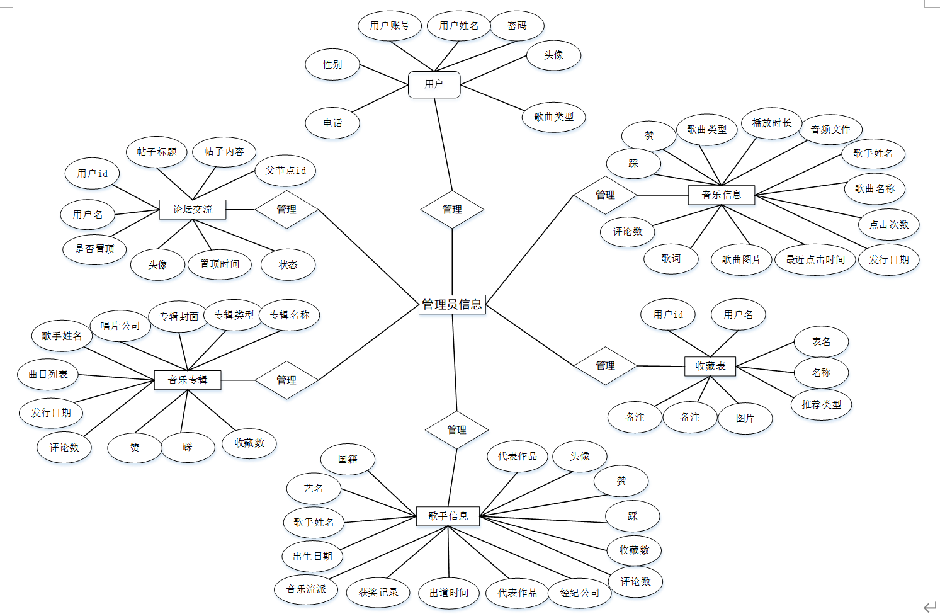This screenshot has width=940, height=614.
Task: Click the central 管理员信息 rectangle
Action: coord(452,304)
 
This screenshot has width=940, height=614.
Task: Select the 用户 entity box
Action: coord(434,84)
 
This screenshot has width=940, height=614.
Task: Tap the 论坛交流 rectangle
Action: coord(192,210)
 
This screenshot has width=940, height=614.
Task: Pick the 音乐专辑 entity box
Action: coord(188,380)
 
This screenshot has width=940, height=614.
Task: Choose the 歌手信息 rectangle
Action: coord(448,516)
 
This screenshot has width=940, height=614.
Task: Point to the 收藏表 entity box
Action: coord(710,366)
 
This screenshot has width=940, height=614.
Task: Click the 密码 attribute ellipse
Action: coord(516,26)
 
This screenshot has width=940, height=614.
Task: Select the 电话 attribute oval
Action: coord(332,123)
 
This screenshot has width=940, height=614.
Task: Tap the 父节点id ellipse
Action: coord(285,171)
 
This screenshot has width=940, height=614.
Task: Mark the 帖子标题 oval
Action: coord(157,152)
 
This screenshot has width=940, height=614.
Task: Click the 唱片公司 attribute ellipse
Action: coord(120,326)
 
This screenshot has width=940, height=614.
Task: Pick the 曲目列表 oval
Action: coord(48,374)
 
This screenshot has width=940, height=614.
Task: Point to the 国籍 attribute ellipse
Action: coord(348,459)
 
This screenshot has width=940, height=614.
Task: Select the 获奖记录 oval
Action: coord(378,592)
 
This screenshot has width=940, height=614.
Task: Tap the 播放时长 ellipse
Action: coord(771,123)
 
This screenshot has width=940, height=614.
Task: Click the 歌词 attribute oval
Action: coord(671,258)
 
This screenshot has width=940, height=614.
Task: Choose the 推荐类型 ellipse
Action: coord(821,404)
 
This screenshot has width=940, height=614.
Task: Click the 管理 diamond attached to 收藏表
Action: coord(605,365)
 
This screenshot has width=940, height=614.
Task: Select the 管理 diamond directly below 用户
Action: coord(452,210)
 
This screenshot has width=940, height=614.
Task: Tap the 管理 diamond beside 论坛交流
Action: coord(286,210)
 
